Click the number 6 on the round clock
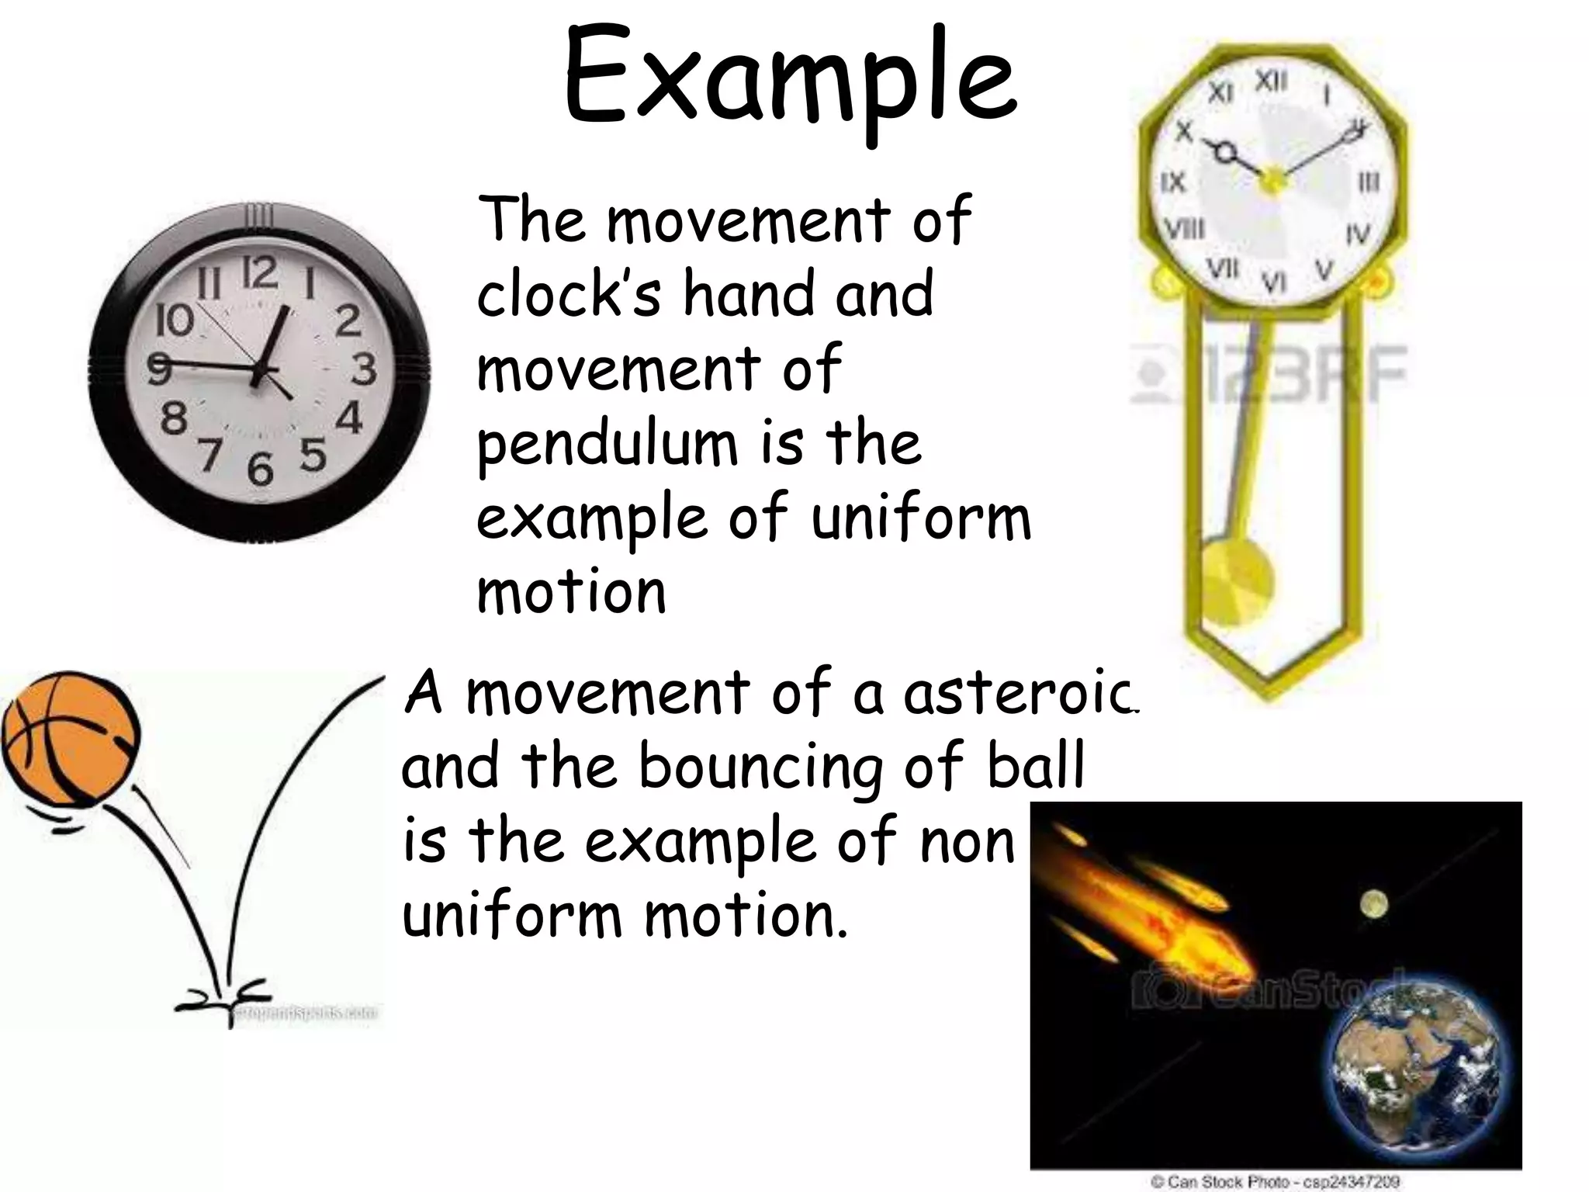tap(261, 469)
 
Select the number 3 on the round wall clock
tap(364, 369)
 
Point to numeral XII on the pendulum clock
tap(1271, 81)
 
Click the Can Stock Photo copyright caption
tap(1275, 1181)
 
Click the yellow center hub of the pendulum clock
tap(1271, 180)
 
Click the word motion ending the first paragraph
tap(572, 593)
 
